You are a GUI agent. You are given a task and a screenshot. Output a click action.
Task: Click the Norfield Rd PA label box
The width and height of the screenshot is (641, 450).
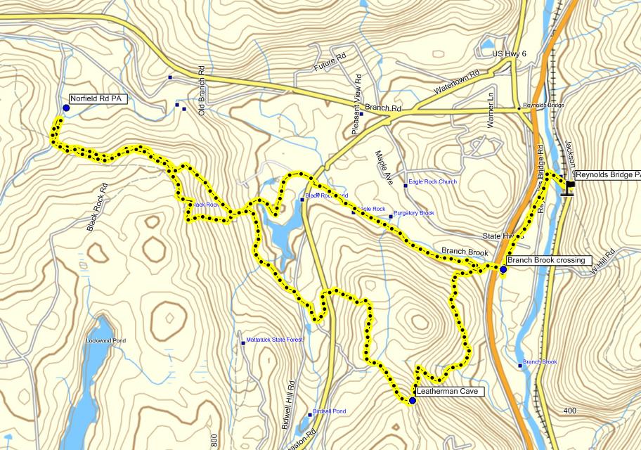coord(98,99)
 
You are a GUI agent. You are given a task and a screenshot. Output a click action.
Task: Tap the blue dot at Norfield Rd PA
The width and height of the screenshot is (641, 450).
coord(66,108)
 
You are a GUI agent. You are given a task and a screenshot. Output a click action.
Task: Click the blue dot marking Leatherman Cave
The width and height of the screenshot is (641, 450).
coord(413,401)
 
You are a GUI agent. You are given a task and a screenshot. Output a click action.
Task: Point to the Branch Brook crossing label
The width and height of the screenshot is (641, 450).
coord(546,260)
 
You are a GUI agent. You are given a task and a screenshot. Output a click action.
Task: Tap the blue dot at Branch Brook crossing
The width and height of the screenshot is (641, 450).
coord(503,269)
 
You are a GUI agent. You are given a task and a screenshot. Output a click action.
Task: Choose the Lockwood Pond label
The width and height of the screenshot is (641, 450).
coord(105,341)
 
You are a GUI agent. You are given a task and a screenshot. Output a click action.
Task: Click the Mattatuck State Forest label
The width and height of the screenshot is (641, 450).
coord(275,342)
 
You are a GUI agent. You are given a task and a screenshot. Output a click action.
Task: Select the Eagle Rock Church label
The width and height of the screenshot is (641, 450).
coord(432,182)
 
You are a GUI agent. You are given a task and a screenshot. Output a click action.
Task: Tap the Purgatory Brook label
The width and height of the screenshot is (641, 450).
coord(414,213)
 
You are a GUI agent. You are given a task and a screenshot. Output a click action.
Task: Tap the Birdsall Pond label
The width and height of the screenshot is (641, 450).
coord(330,411)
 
